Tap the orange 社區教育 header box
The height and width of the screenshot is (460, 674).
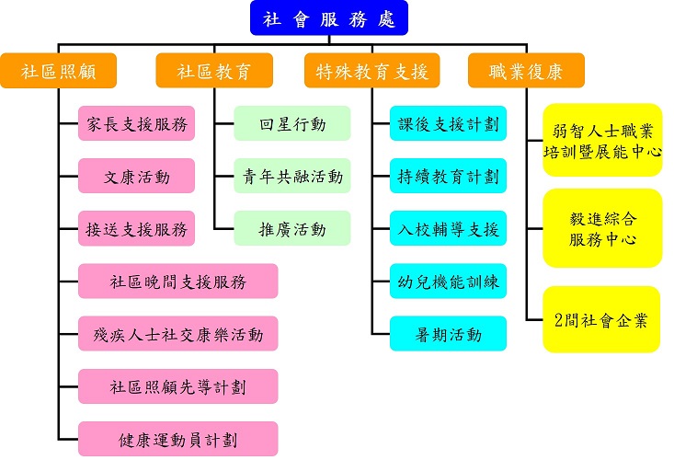214,71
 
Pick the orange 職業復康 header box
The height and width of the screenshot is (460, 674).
528,71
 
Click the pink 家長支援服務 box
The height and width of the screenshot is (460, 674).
137,124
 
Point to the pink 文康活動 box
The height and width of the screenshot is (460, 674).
137,176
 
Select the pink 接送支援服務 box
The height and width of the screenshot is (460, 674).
137,228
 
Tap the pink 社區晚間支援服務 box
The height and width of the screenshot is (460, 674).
177,281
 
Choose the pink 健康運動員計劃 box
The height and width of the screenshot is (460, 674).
177,439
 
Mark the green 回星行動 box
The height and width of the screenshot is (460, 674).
292,124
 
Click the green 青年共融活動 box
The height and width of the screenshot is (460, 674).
292,176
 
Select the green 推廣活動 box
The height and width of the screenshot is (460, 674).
292,228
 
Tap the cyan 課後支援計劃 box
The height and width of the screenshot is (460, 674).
448,124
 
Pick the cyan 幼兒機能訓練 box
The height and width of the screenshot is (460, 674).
448,281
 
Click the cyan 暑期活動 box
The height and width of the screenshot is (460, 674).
448,334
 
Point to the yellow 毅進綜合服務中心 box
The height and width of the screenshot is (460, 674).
602,228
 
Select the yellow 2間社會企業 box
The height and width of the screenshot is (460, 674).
602,319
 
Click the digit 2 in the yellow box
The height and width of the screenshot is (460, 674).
561,320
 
